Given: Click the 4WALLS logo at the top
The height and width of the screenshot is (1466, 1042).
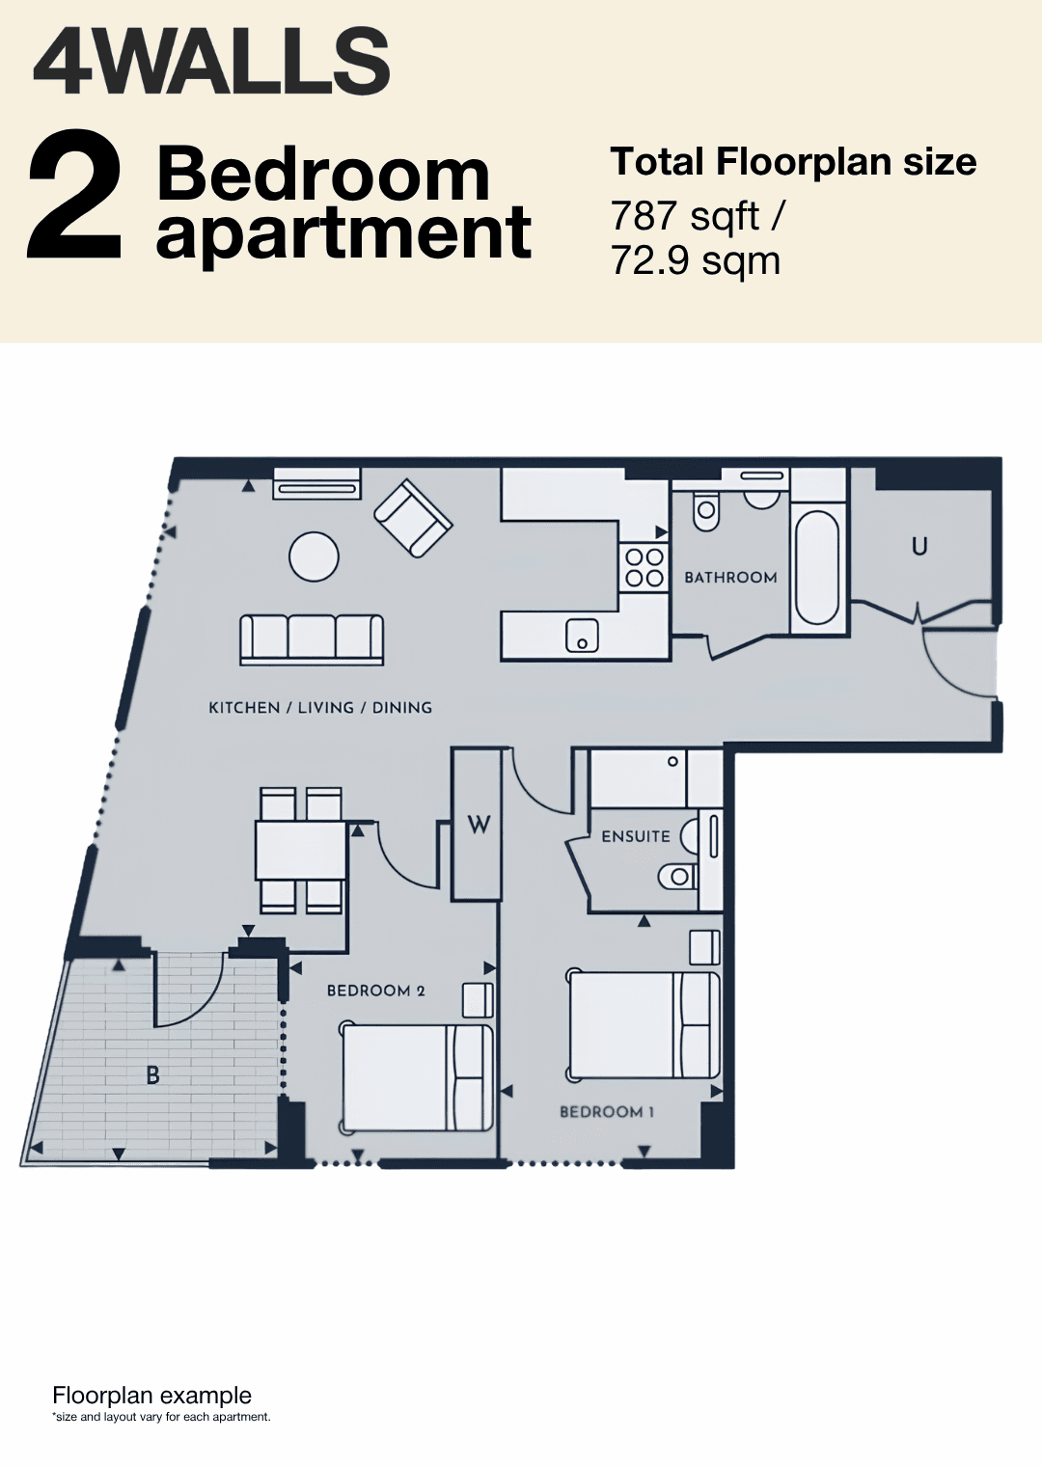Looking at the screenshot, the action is tap(211, 63).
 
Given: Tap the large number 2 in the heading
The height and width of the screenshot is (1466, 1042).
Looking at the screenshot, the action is tap(74, 194).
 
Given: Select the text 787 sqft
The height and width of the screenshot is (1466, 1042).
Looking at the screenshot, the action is tap(685, 216).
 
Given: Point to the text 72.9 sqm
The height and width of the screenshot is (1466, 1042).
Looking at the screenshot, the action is tap(695, 261).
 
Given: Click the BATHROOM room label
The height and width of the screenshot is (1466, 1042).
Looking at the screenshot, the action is tap(730, 577).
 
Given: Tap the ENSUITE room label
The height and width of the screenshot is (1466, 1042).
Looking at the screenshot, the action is tap(636, 836).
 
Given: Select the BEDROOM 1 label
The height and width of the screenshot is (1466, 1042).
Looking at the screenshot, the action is tap(607, 1112).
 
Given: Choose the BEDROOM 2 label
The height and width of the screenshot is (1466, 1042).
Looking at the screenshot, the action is tap(375, 991).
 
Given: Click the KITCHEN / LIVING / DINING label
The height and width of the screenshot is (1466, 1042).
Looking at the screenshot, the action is tap(320, 708).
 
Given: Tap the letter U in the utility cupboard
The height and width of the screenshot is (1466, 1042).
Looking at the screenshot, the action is tap(919, 546).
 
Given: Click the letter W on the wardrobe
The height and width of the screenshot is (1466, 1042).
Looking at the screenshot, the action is tap(479, 825).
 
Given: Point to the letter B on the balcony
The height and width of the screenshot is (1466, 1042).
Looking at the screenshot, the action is tap(152, 1075).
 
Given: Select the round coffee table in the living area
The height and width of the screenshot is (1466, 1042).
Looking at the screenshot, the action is tap(315, 557).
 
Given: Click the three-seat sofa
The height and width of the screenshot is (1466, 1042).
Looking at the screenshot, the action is tap(313, 640).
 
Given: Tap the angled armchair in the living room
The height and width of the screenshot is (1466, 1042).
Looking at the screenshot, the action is tap(413, 518).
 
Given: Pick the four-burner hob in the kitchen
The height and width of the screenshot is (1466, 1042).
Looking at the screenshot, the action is tap(644, 567).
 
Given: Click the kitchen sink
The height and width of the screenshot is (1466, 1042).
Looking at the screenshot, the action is tap(582, 636).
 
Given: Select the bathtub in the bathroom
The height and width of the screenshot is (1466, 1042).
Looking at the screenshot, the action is tap(817, 567).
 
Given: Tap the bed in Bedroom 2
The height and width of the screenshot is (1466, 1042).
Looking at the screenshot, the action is tap(416, 1078).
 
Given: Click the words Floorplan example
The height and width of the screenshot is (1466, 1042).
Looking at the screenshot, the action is tap(151, 1396).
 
